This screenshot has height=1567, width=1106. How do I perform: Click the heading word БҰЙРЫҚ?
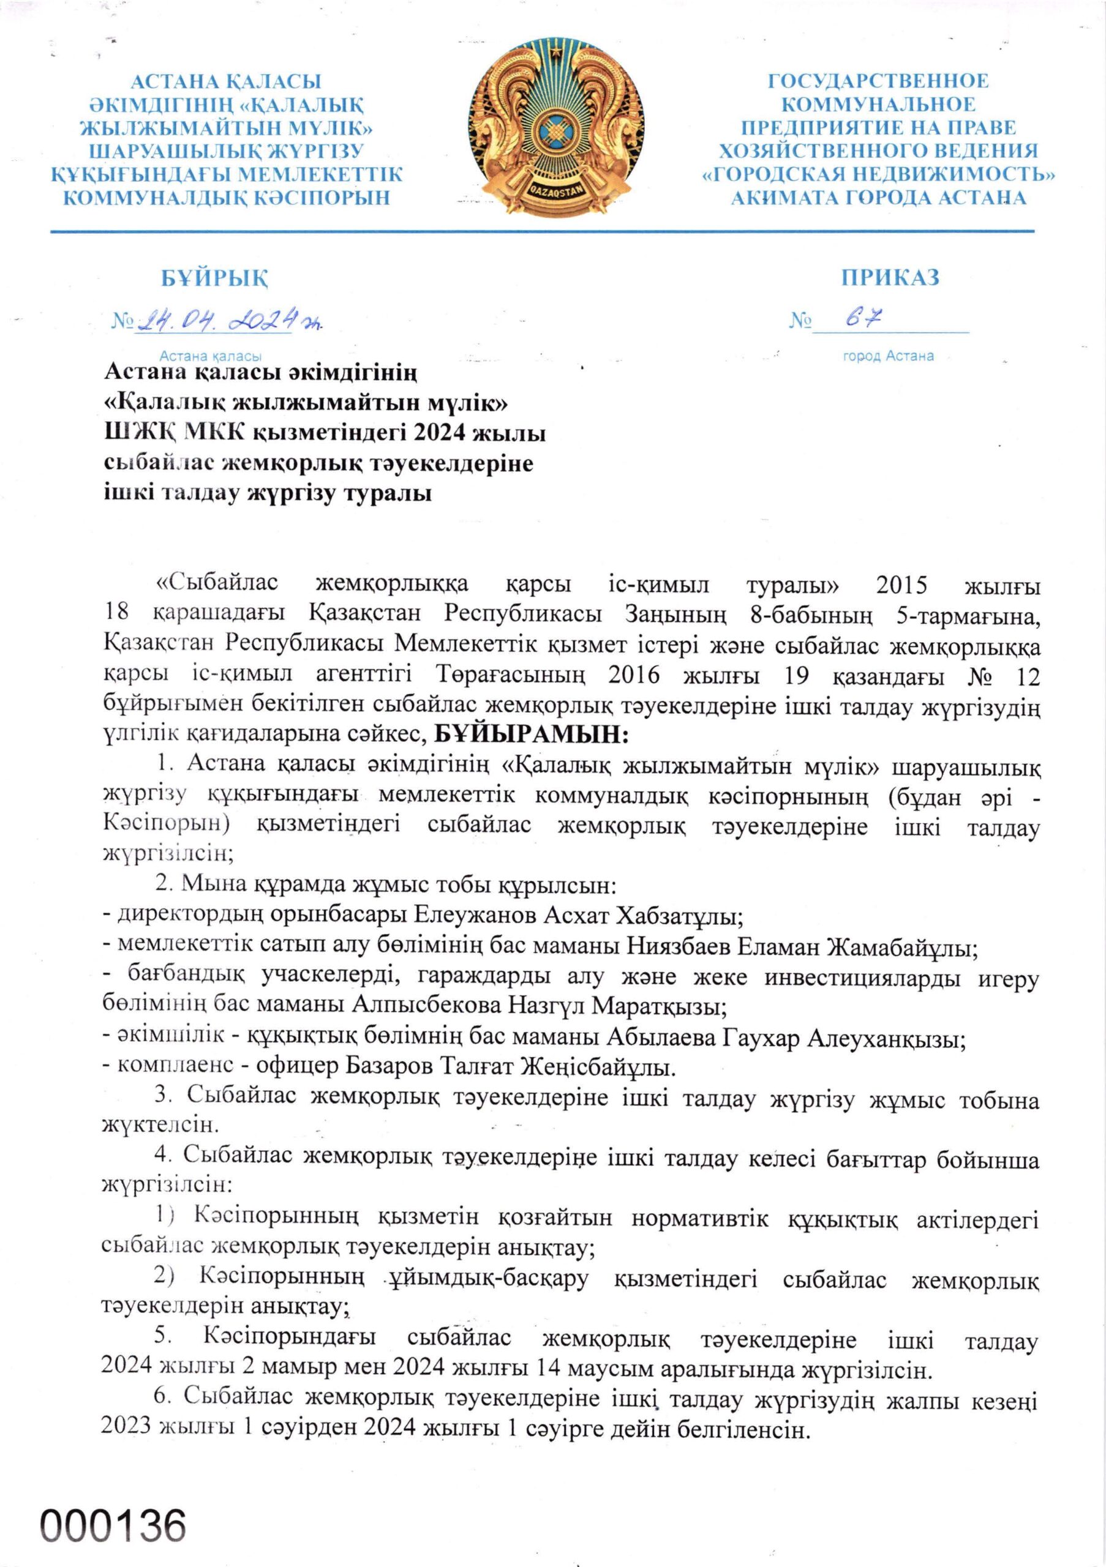[214, 278]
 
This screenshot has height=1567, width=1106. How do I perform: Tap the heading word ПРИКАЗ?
[890, 277]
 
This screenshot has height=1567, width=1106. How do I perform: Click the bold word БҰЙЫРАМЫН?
[529, 734]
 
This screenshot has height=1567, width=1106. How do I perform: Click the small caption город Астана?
[888, 356]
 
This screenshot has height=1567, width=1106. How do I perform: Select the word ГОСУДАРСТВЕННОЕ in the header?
[878, 81]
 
